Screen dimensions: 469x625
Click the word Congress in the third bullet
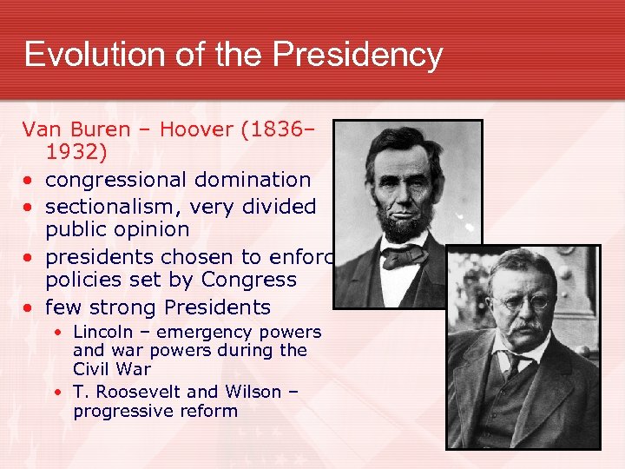249,280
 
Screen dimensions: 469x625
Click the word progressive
122,411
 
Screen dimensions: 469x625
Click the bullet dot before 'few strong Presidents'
30,307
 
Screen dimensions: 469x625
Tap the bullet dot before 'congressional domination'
30,181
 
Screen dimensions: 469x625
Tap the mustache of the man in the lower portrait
523,328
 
